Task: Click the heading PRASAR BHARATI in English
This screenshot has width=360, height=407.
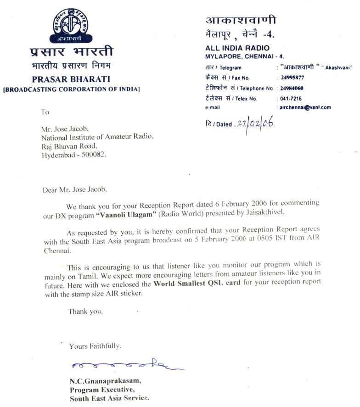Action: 71,78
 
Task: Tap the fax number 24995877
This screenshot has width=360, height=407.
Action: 293,78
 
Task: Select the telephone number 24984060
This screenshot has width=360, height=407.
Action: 293,88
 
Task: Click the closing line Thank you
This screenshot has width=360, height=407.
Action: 86,311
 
